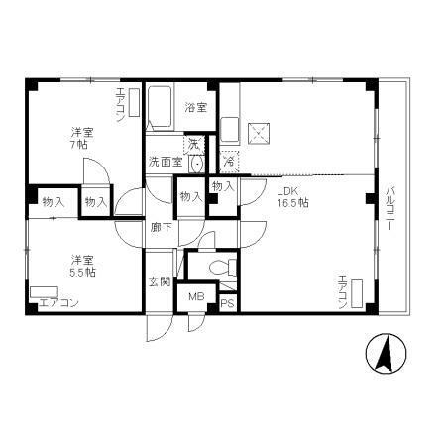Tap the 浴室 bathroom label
tap(195, 108)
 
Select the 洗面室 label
tap(165, 161)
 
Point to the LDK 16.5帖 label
tap(292, 196)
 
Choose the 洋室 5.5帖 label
tap(81, 265)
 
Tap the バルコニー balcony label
tap(390, 207)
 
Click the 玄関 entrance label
tap(159, 282)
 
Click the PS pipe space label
tap(227, 303)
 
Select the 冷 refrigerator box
tap(229, 159)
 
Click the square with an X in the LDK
tap(259, 130)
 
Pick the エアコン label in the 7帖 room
tap(121, 104)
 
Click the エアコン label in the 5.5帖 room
tap(57, 303)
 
